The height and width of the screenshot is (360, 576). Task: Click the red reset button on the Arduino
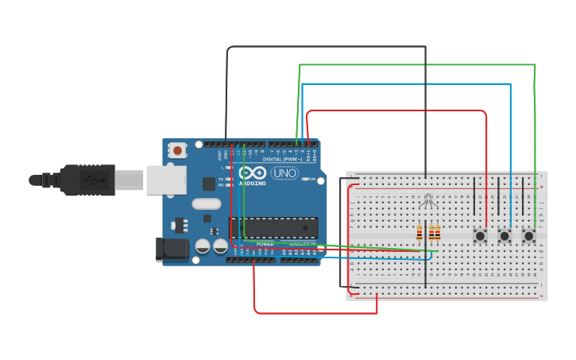click(x=177, y=149)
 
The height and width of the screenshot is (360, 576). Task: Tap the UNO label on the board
click(x=284, y=173)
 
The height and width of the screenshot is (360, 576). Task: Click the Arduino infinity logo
click(x=253, y=173)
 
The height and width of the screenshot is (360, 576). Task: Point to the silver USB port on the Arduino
click(x=166, y=180)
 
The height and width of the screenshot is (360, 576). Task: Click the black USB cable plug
click(x=87, y=180)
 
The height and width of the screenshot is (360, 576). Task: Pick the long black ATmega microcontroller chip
click(x=274, y=228)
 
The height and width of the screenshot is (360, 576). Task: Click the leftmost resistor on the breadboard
click(x=419, y=233)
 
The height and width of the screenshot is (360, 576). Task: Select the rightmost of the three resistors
click(x=437, y=233)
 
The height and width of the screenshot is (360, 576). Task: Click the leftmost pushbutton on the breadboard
click(x=480, y=235)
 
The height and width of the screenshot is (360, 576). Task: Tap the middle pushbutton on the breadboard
click(x=504, y=235)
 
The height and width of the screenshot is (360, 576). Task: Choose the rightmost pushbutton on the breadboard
click(x=528, y=235)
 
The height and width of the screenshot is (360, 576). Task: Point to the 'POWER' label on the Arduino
click(x=265, y=244)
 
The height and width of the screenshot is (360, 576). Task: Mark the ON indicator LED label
click(x=306, y=179)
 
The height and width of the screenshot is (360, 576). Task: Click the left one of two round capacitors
click(x=203, y=247)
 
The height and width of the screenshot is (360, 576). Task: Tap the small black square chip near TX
click(x=208, y=184)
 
